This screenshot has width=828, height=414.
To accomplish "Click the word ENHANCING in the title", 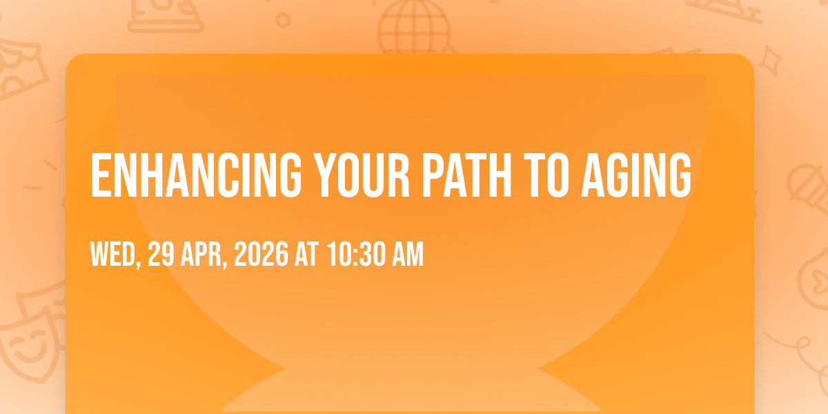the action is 196,175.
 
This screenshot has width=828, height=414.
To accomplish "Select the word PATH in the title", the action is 467,175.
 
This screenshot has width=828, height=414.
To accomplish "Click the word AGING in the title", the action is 635,175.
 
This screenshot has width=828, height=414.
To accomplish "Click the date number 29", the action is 161,254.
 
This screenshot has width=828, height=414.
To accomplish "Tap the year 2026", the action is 261,254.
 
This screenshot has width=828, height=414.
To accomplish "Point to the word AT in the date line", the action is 306,254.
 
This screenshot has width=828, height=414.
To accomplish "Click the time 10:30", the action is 355,254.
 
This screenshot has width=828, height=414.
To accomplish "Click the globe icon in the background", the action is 414,28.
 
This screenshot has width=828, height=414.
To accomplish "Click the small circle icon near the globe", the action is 283,20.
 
